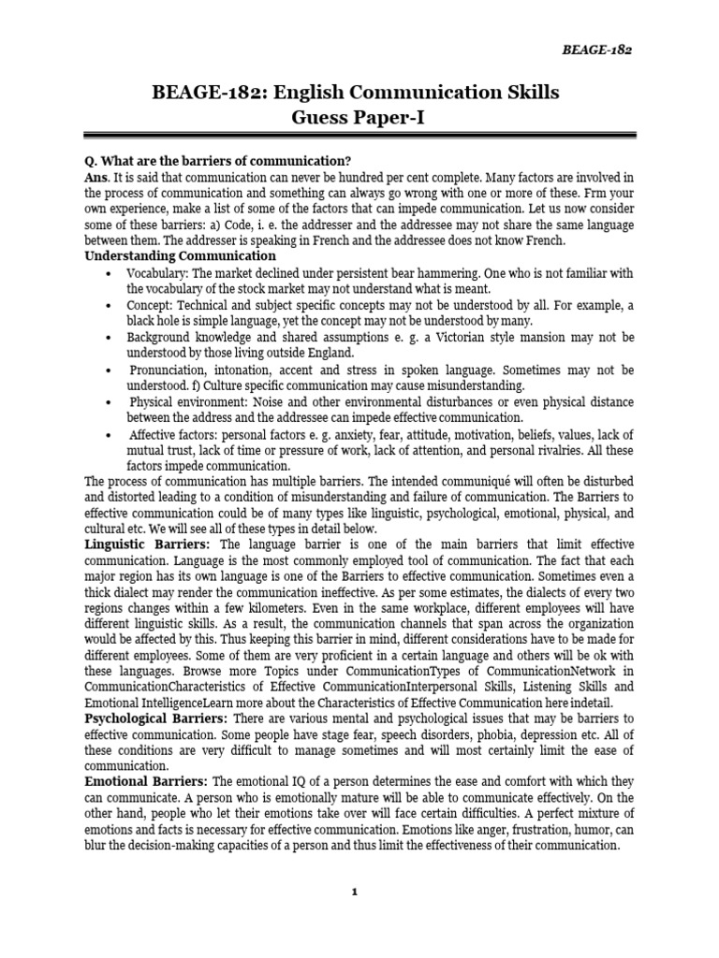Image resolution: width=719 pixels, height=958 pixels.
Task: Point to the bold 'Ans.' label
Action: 97,178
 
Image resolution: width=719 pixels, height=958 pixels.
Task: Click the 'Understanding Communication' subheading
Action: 180,256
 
